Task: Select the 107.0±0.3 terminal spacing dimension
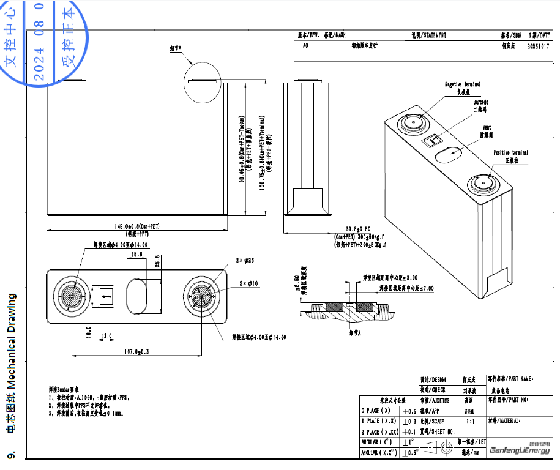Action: [137, 351]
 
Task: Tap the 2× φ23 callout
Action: [245, 260]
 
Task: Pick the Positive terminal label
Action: [510, 152]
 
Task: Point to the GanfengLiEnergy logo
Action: [520, 451]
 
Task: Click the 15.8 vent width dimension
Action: [136, 253]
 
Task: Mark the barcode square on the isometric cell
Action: [432, 140]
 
